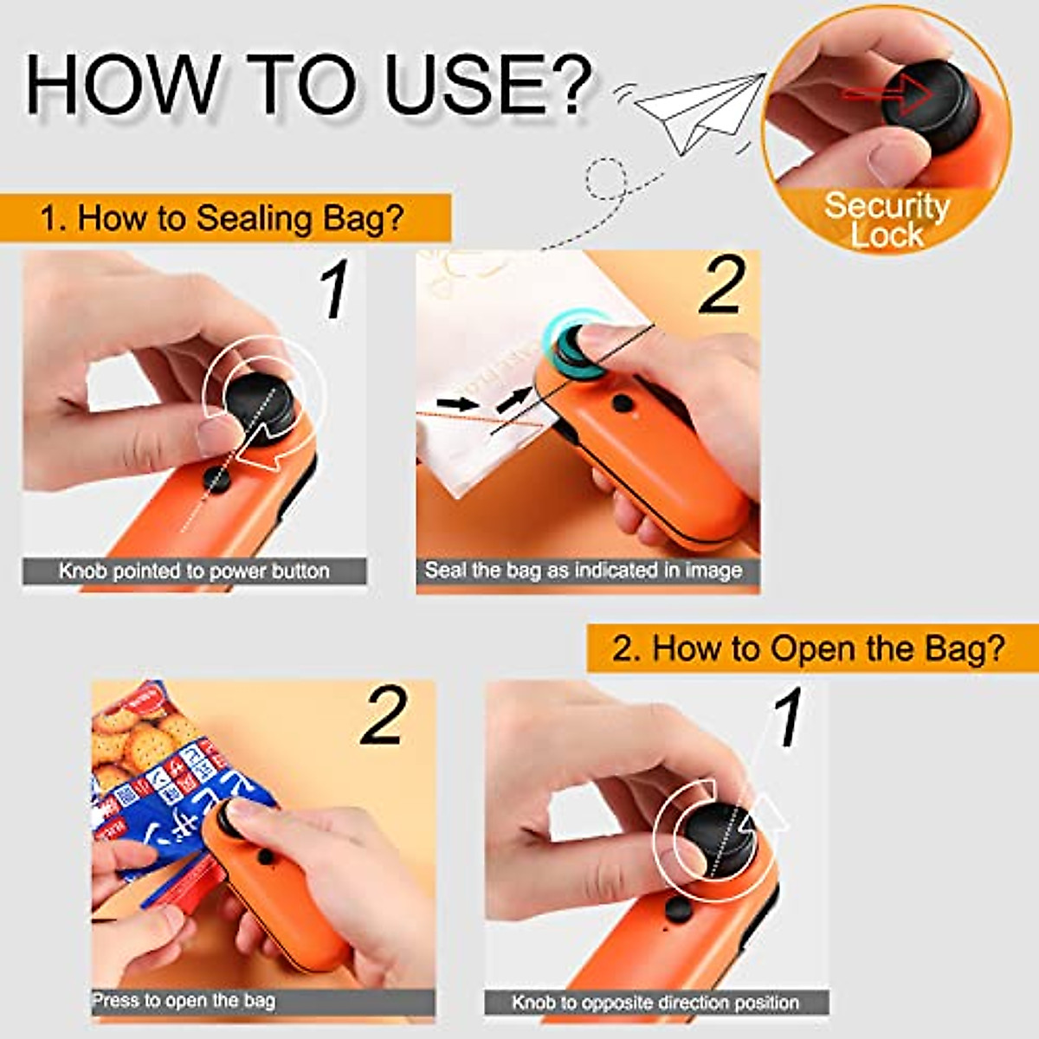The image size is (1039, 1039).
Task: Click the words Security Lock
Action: point(886,220)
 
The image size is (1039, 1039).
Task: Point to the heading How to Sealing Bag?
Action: point(223,218)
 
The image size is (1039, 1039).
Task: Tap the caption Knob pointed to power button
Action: point(194,571)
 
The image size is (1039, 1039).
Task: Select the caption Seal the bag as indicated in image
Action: point(584,571)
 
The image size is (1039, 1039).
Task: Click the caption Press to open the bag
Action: point(184,1001)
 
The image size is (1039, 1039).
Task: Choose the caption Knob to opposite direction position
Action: point(655,1003)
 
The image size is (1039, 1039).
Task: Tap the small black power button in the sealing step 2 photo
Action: point(621,403)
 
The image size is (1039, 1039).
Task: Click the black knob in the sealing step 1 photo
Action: point(260,407)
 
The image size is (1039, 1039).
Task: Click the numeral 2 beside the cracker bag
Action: point(384,716)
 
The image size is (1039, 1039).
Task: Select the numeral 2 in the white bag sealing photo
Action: point(721,286)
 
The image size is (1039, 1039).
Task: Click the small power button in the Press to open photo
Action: point(266,857)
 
